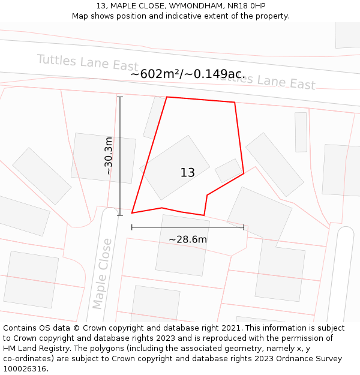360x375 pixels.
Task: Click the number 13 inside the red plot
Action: [187, 173]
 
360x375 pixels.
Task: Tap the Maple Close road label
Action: [102, 274]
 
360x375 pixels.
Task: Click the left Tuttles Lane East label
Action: [88, 63]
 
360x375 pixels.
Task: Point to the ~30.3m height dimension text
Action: [109, 156]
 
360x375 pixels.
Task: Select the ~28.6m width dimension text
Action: [187, 239]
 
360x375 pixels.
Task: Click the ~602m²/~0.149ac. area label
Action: [188, 74]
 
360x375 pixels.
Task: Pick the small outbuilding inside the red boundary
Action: [228, 171]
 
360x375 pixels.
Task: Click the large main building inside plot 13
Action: [175, 167]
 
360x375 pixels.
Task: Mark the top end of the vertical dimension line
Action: [120, 97]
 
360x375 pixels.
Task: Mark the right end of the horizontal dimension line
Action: [244, 227]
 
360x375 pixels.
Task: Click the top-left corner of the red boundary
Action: [167, 97]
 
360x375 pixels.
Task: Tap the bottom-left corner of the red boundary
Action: [132, 213]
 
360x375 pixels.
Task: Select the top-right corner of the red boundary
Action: [234, 103]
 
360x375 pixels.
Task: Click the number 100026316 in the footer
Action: [25, 369]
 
